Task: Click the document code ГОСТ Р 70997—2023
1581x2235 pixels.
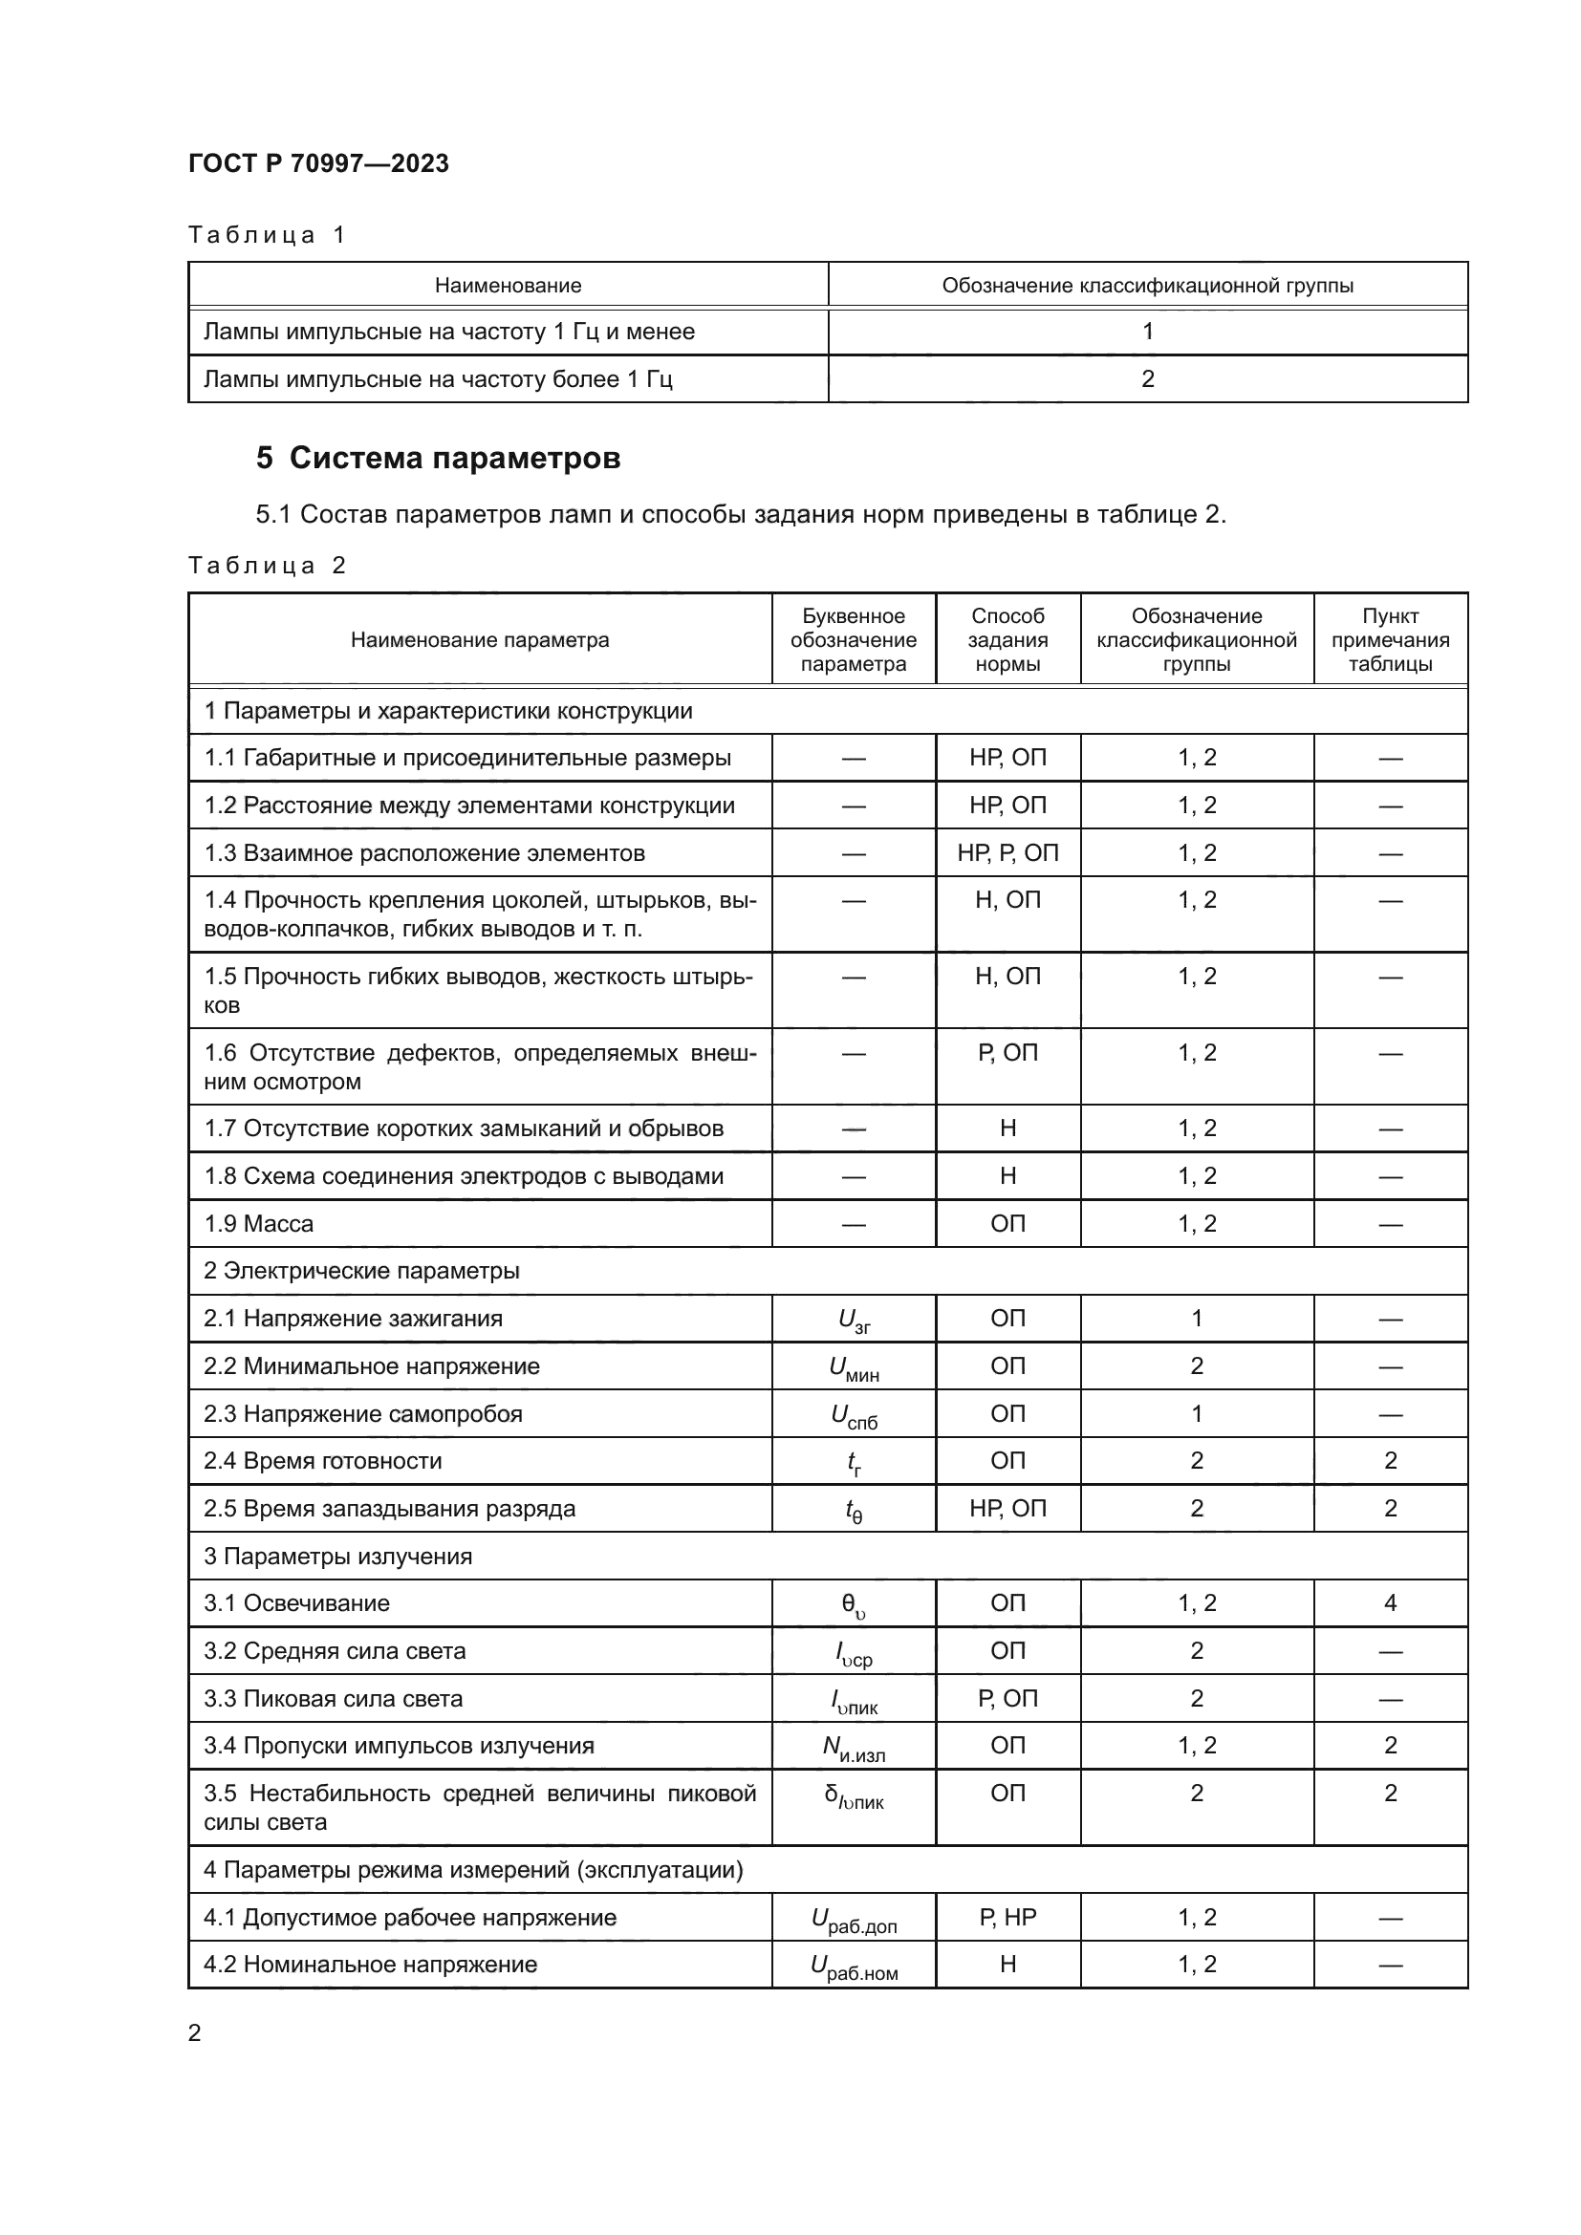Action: point(318,163)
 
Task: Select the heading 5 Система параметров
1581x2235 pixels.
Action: point(438,458)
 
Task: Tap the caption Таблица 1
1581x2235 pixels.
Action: point(267,235)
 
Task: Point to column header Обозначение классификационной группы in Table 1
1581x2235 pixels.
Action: point(1147,285)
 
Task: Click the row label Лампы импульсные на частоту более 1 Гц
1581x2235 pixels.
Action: point(437,378)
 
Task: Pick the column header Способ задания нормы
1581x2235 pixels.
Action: point(1007,639)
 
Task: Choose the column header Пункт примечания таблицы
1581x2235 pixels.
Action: point(1389,639)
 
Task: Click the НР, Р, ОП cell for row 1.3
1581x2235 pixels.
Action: point(1007,852)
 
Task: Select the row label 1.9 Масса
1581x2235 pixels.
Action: point(259,1224)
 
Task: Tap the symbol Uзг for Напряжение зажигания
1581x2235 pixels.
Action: point(854,1320)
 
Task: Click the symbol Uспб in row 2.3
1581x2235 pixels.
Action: point(854,1415)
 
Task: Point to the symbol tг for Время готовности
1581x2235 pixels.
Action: point(854,1462)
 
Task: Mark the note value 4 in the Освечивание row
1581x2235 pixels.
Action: point(1389,1603)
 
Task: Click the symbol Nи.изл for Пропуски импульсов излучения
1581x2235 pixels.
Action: point(854,1748)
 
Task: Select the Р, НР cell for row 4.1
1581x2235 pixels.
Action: point(1007,1917)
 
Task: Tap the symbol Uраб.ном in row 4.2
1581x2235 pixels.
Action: point(854,1966)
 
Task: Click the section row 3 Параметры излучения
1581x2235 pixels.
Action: point(337,1556)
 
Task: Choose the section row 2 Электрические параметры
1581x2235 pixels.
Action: point(361,1270)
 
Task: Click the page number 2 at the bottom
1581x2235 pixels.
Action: point(195,2032)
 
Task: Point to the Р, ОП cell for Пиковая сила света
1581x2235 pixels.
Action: point(1007,1699)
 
